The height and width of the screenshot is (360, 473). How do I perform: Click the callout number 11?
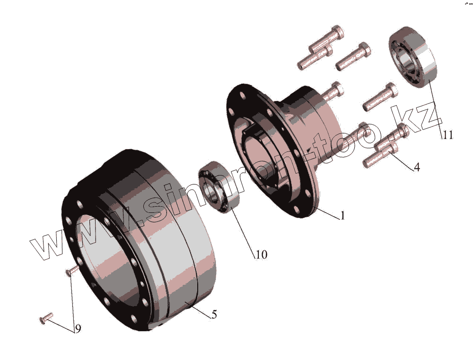(x=447, y=135)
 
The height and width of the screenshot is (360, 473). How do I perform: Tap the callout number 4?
(x=417, y=167)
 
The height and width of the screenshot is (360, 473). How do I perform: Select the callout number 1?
(x=342, y=215)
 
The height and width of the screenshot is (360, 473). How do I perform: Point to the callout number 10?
(x=262, y=255)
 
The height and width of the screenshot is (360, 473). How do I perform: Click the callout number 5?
(x=214, y=315)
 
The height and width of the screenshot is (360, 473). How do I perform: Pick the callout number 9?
(x=78, y=329)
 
